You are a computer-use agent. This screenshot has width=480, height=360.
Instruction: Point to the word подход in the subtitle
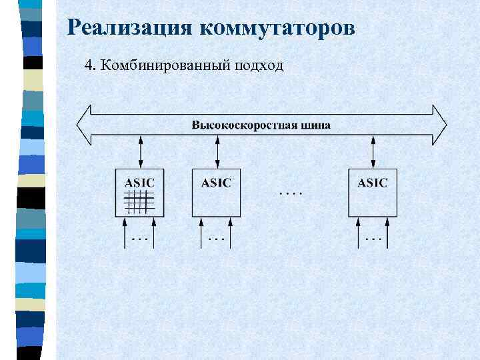(x=260, y=66)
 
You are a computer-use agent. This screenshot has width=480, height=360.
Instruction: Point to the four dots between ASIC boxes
(x=290, y=194)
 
